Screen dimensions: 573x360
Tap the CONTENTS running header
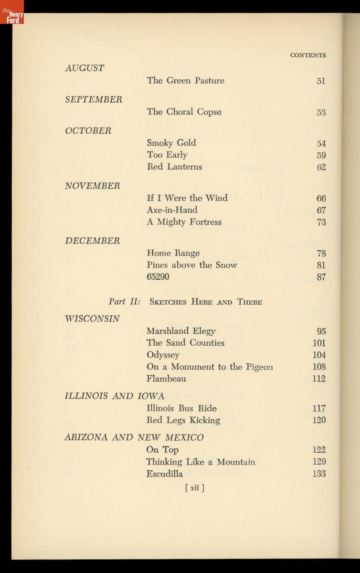pos(307,55)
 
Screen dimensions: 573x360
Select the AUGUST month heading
pos(85,68)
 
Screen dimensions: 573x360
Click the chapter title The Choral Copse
pos(184,112)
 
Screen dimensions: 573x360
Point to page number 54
pos(321,143)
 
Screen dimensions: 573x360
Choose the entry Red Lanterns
pos(174,167)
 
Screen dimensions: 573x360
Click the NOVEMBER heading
pos(93,186)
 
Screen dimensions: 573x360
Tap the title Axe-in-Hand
pos(172,210)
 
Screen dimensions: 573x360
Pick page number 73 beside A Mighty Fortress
pos(321,222)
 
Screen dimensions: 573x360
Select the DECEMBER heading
pos(93,241)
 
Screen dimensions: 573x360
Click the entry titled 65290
pos(158,277)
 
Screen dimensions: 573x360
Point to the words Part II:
pos(124,302)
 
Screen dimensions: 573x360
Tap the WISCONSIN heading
pos(93,318)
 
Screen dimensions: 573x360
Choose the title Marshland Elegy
pos(181,331)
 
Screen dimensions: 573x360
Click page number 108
pos(319,367)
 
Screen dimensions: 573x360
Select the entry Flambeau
pos(166,379)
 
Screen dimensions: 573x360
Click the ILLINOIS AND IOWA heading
pos(115,396)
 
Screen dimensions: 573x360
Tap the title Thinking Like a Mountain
pos(201,462)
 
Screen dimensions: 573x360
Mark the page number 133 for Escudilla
pos(319,474)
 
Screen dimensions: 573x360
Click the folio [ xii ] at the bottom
pos(194,488)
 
